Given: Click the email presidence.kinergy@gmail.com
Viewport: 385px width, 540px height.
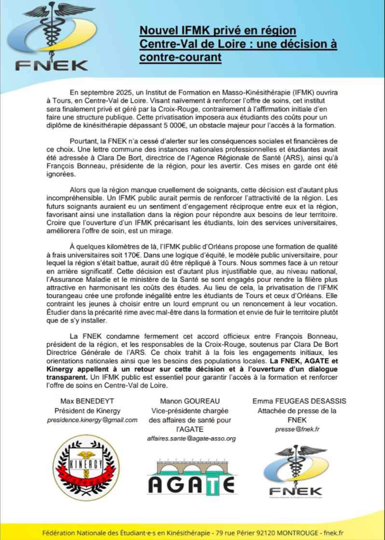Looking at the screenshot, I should coord(92,420).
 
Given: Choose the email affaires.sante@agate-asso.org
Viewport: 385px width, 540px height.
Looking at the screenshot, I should coord(192,438).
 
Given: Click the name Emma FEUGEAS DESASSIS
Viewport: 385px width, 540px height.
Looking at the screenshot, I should coord(299,401).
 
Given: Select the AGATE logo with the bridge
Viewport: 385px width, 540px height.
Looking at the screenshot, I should coord(192,479).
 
